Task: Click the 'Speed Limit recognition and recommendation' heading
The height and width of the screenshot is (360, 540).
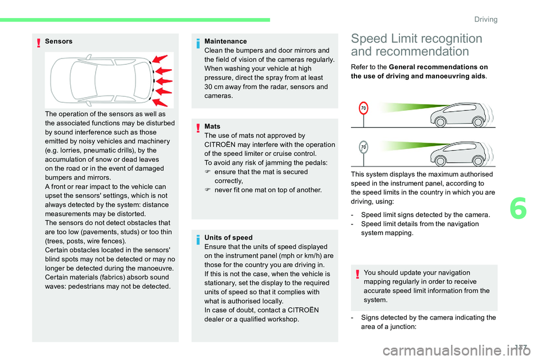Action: click(x=416, y=45)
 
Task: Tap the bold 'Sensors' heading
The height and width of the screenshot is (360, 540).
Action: click(x=58, y=41)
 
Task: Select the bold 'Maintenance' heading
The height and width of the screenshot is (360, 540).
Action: click(x=226, y=41)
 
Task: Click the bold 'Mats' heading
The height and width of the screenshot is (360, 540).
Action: click(x=213, y=127)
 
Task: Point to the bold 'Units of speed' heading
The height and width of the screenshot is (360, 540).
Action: click(x=228, y=238)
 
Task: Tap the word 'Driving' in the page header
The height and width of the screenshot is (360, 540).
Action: click(x=485, y=19)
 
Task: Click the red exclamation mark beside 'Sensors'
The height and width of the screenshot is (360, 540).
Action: click(x=38, y=42)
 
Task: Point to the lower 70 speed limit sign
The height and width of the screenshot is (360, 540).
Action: click(x=364, y=147)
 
